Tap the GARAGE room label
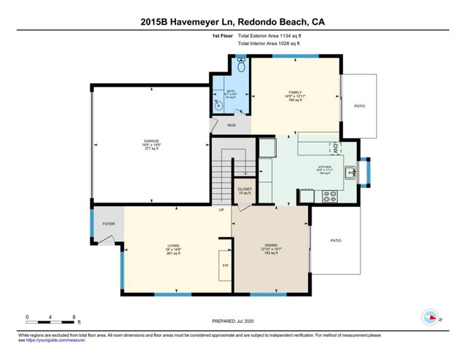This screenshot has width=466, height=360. click(151, 141)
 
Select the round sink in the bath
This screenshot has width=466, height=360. click(218, 105)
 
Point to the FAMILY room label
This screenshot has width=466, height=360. click(295, 92)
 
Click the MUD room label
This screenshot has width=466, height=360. click(232, 125)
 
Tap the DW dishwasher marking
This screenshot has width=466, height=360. click(336, 147)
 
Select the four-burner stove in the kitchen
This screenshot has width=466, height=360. click(329, 195)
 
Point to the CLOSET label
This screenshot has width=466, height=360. click(245, 189)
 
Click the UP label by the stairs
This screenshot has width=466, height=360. click(221, 211)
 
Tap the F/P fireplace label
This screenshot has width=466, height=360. click(225, 265)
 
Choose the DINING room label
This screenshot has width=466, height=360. click(270, 246)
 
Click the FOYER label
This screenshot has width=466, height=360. click(108, 224)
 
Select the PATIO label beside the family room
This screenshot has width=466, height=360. click(359, 106)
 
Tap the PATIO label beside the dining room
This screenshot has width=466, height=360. click(336, 240)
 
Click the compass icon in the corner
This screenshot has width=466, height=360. click(430, 317)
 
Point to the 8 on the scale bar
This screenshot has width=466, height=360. click(74, 316)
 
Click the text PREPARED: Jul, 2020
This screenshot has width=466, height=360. click(232, 321)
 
